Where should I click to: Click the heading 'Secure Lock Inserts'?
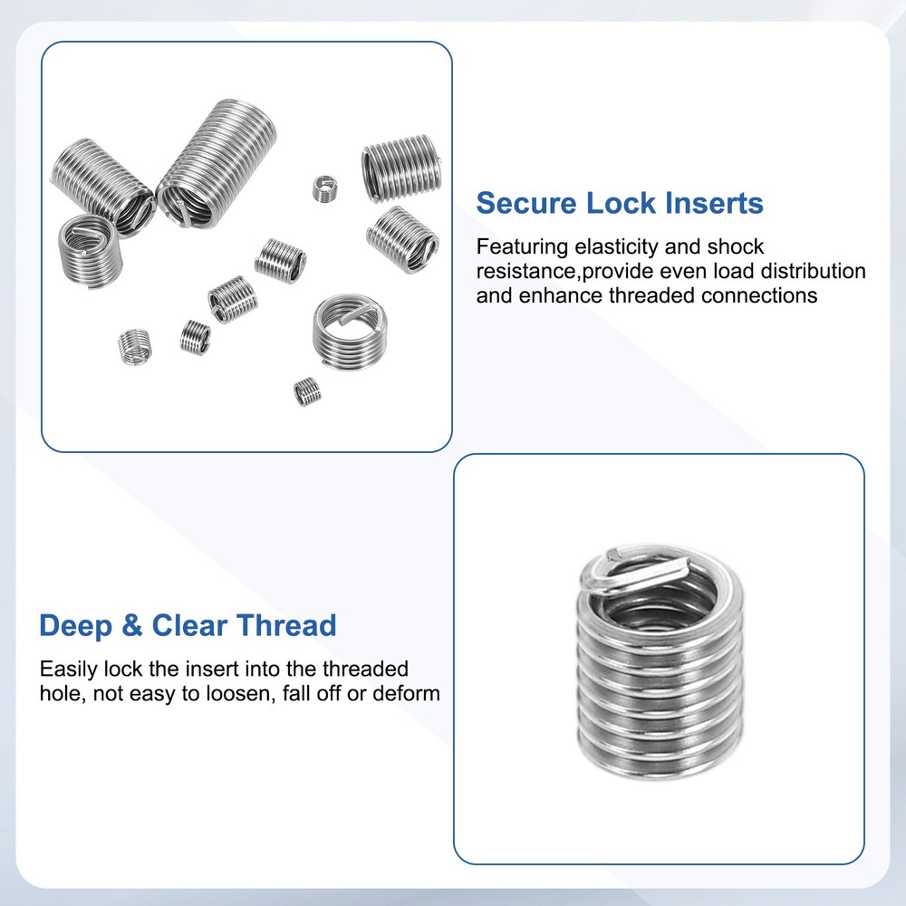click(620, 203)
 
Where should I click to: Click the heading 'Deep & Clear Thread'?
click(188, 625)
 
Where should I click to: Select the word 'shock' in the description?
click(735, 246)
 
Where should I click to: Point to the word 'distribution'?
click(812, 271)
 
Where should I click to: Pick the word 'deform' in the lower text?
click(407, 694)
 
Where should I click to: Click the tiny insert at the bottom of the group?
click(307, 392)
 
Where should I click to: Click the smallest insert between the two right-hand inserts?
click(324, 188)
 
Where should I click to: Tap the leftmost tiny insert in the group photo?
click(134, 343)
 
